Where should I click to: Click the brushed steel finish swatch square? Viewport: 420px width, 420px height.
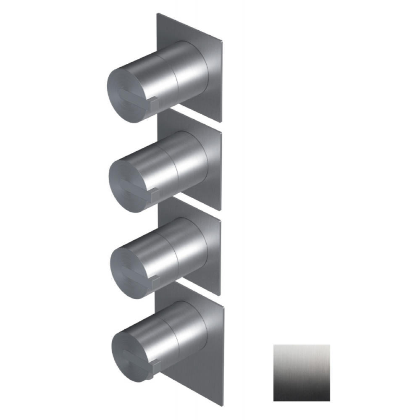pyautogui.click(x=301, y=373)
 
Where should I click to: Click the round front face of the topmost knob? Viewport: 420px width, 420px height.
pyautogui.click(x=126, y=94)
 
